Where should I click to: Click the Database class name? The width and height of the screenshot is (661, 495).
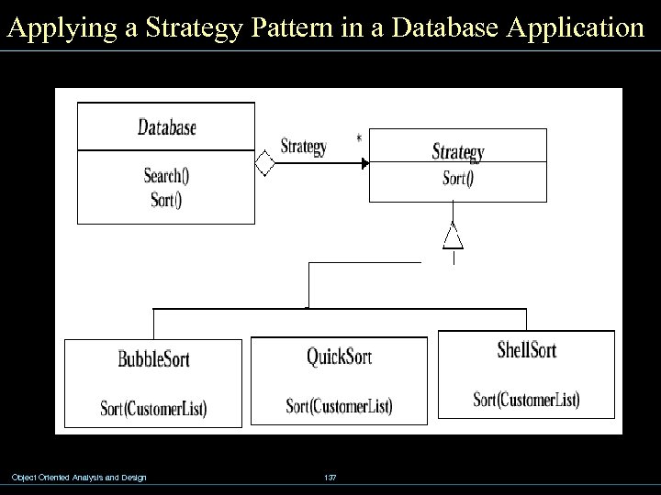[x=166, y=127]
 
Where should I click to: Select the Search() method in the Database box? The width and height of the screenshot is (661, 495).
[x=166, y=176]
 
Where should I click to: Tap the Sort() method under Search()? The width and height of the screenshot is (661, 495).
[x=166, y=200]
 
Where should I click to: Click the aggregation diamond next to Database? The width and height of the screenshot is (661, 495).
[x=264, y=164]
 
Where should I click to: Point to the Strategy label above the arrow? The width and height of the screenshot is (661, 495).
[x=303, y=147]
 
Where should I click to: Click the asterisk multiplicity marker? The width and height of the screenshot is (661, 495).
[x=359, y=139]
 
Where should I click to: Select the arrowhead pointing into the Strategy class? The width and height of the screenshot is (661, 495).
[x=364, y=164]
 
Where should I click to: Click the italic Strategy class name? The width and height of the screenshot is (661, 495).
[x=457, y=152]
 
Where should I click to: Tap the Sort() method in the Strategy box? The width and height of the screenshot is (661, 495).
[x=458, y=179]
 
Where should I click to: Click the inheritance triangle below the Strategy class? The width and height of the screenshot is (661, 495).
[x=453, y=237]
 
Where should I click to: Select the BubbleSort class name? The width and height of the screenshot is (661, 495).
[x=153, y=358]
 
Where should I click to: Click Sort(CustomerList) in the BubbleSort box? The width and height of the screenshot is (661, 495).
[x=153, y=408]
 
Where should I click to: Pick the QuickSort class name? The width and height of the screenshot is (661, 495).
[x=339, y=356]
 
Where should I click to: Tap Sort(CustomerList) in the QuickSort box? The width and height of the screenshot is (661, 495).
[x=339, y=405]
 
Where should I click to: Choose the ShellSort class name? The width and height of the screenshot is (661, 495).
[x=526, y=349]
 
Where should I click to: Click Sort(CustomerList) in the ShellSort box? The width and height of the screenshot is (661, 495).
[x=526, y=399]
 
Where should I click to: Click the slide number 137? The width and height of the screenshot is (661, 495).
[x=330, y=478]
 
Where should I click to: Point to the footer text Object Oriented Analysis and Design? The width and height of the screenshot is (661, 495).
[x=79, y=477]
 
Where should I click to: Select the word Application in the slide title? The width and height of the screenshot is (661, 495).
[x=568, y=27]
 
